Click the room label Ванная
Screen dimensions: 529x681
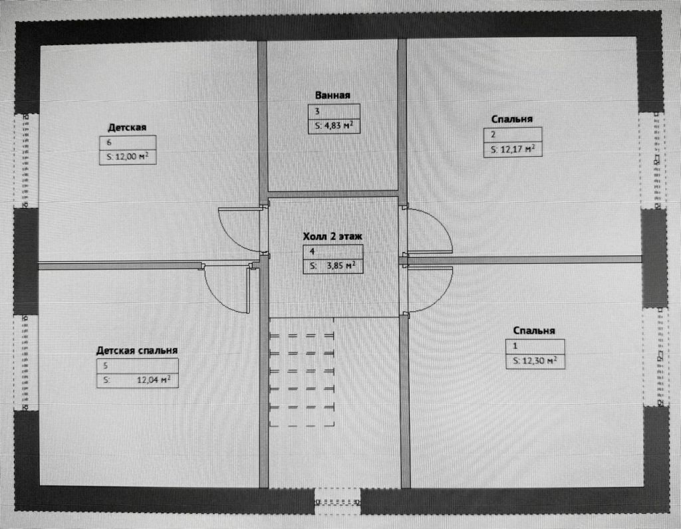333,96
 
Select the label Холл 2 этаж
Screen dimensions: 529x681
335,236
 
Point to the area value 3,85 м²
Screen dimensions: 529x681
336,266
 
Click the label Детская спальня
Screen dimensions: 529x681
136,350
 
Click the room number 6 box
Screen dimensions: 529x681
128,142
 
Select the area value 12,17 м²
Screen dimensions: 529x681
512,150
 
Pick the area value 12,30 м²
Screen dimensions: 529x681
535,362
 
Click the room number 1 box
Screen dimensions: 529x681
535,346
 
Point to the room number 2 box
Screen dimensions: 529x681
512,135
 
